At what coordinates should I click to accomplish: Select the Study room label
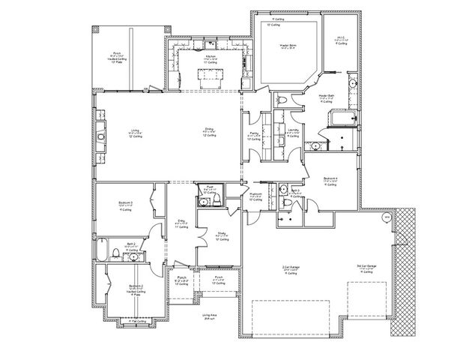pyautogui.click(x=222, y=234)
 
